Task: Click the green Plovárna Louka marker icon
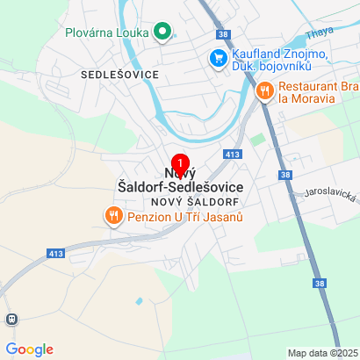pos(162,33)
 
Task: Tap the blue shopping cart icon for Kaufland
pos(215,59)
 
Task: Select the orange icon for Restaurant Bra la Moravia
pos(263,90)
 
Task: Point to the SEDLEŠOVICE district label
pos(119,75)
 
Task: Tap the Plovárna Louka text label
pos(106,33)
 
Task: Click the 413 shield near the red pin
pos(233,155)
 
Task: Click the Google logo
pos(28,349)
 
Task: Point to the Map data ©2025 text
pos(321,353)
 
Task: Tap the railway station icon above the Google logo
pos(11,320)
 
